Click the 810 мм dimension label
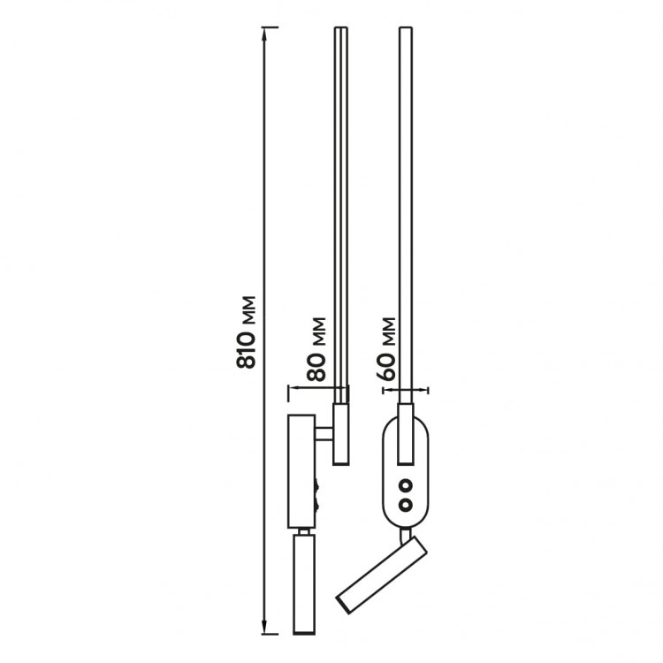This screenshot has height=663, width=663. pos(246,331)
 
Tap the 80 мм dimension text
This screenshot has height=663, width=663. pos(316,349)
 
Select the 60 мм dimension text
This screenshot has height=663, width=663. pos(385,348)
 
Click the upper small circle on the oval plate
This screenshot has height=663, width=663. pos(407,486)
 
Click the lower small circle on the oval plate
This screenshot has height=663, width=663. pos(407,504)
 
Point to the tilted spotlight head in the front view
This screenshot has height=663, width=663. pos(381,575)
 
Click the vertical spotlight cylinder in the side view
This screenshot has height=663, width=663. pos(303,584)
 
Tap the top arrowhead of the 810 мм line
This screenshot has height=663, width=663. pos(264,33)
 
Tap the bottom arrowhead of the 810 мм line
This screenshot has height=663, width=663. pos(264,628)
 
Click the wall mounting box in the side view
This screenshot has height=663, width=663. pos(301,471)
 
